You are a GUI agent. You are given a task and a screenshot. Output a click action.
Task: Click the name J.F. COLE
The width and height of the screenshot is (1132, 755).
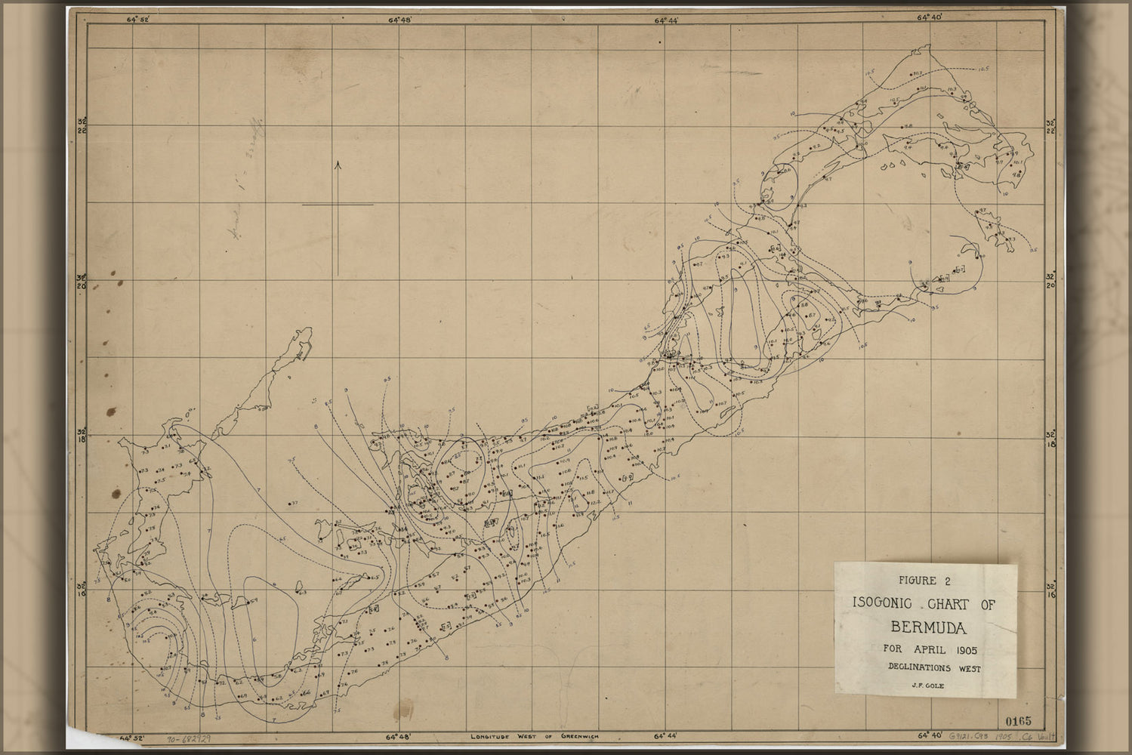(924, 686)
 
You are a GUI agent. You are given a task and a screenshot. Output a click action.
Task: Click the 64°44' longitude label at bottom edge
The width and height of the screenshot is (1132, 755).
(666, 735)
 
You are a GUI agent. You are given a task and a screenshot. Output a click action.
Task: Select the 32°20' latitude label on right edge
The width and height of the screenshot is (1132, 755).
(1049, 280)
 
